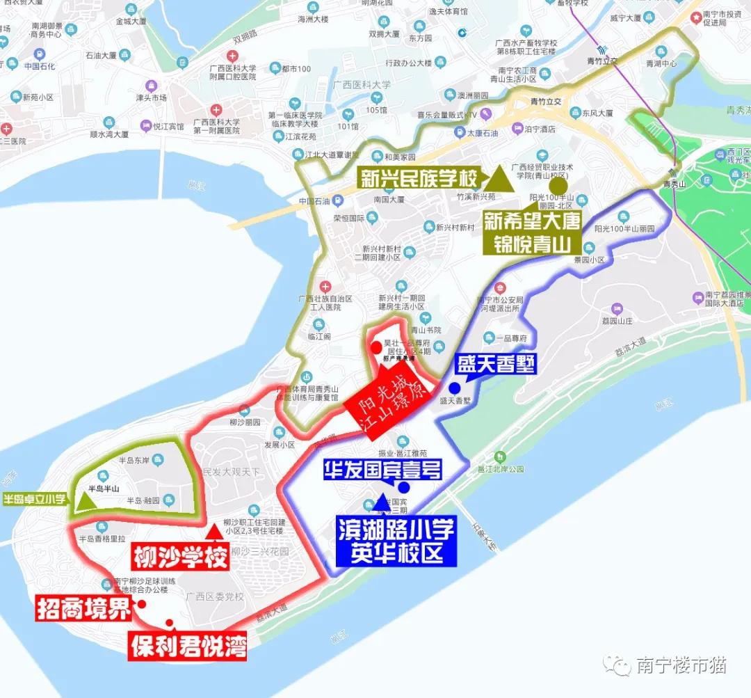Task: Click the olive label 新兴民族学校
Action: point(419,179)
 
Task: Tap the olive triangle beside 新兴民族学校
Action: point(498,180)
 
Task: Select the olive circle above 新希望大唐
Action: point(558,187)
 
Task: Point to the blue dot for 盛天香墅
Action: point(454,388)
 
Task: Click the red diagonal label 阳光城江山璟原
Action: point(389,406)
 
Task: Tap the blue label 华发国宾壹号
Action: point(382,470)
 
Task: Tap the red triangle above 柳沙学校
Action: point(215,532)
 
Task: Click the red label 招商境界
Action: point(83,610)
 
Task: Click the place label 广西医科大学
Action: point(362,85)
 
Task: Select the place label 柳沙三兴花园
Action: point(259,551)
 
